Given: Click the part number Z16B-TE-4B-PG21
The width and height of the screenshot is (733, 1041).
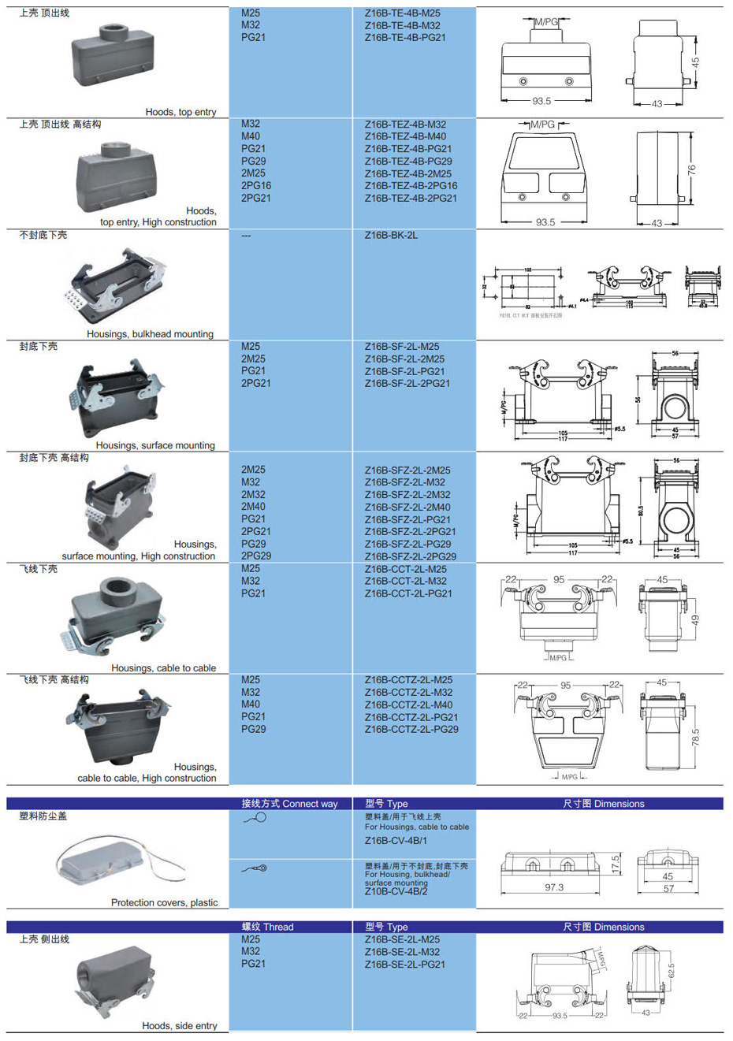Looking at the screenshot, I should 404,38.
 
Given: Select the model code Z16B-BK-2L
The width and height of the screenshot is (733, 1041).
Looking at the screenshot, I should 391,236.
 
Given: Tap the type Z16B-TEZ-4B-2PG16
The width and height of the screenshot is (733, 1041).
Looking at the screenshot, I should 411,186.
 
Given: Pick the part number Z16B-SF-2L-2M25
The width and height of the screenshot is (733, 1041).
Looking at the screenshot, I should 404,359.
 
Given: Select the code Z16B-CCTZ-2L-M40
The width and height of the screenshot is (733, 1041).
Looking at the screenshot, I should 408,705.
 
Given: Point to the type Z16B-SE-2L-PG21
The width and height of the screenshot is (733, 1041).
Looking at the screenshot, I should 404,965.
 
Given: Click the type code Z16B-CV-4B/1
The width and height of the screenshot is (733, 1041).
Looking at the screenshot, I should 396,841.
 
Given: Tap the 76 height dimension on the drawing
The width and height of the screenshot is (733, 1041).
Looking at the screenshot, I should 692,169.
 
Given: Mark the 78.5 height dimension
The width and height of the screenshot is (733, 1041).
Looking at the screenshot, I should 695,738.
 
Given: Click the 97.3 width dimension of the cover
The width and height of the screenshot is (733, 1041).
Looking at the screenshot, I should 554,887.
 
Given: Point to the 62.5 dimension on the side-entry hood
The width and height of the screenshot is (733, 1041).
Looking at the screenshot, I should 671,971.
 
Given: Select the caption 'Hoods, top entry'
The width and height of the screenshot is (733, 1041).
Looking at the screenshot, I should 180,112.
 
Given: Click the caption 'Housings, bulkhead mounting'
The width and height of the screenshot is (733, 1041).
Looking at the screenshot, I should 150,334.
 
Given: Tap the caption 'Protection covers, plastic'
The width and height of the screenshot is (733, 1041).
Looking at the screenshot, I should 164,902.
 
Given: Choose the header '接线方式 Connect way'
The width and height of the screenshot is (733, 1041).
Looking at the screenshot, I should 289,804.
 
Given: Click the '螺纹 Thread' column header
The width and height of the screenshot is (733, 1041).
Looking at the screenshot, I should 267,927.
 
